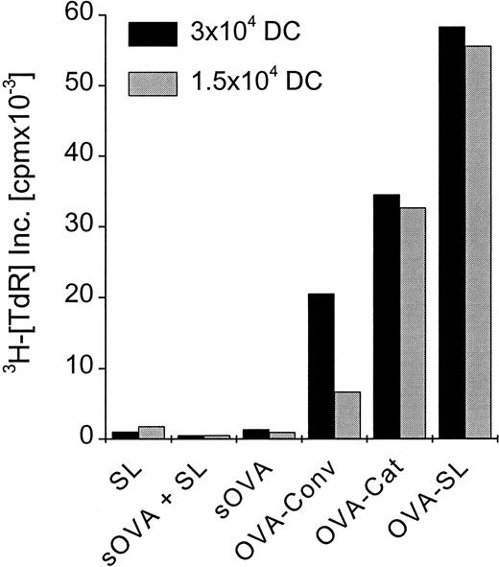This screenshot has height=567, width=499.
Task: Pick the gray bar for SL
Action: click(x=151, y=433)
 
